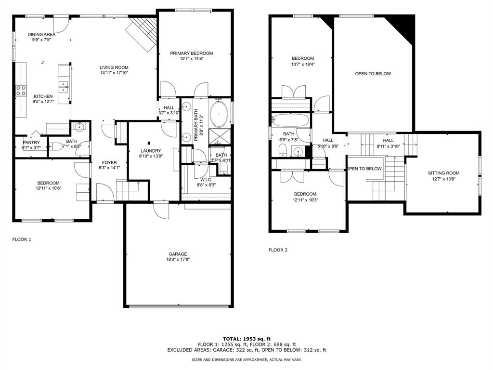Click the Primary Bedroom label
192,53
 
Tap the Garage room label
178,254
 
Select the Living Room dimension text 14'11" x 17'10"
114,73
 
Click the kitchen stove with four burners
21,90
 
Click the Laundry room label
151,151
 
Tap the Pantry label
31,142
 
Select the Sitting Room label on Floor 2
443,173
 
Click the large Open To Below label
373,74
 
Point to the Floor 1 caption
22,239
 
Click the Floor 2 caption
278,250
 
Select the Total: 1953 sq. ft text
247,339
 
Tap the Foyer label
109,163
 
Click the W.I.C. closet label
206,180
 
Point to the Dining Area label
41,34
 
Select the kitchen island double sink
64,87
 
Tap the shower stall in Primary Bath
220,136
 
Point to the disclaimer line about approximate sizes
247,359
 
